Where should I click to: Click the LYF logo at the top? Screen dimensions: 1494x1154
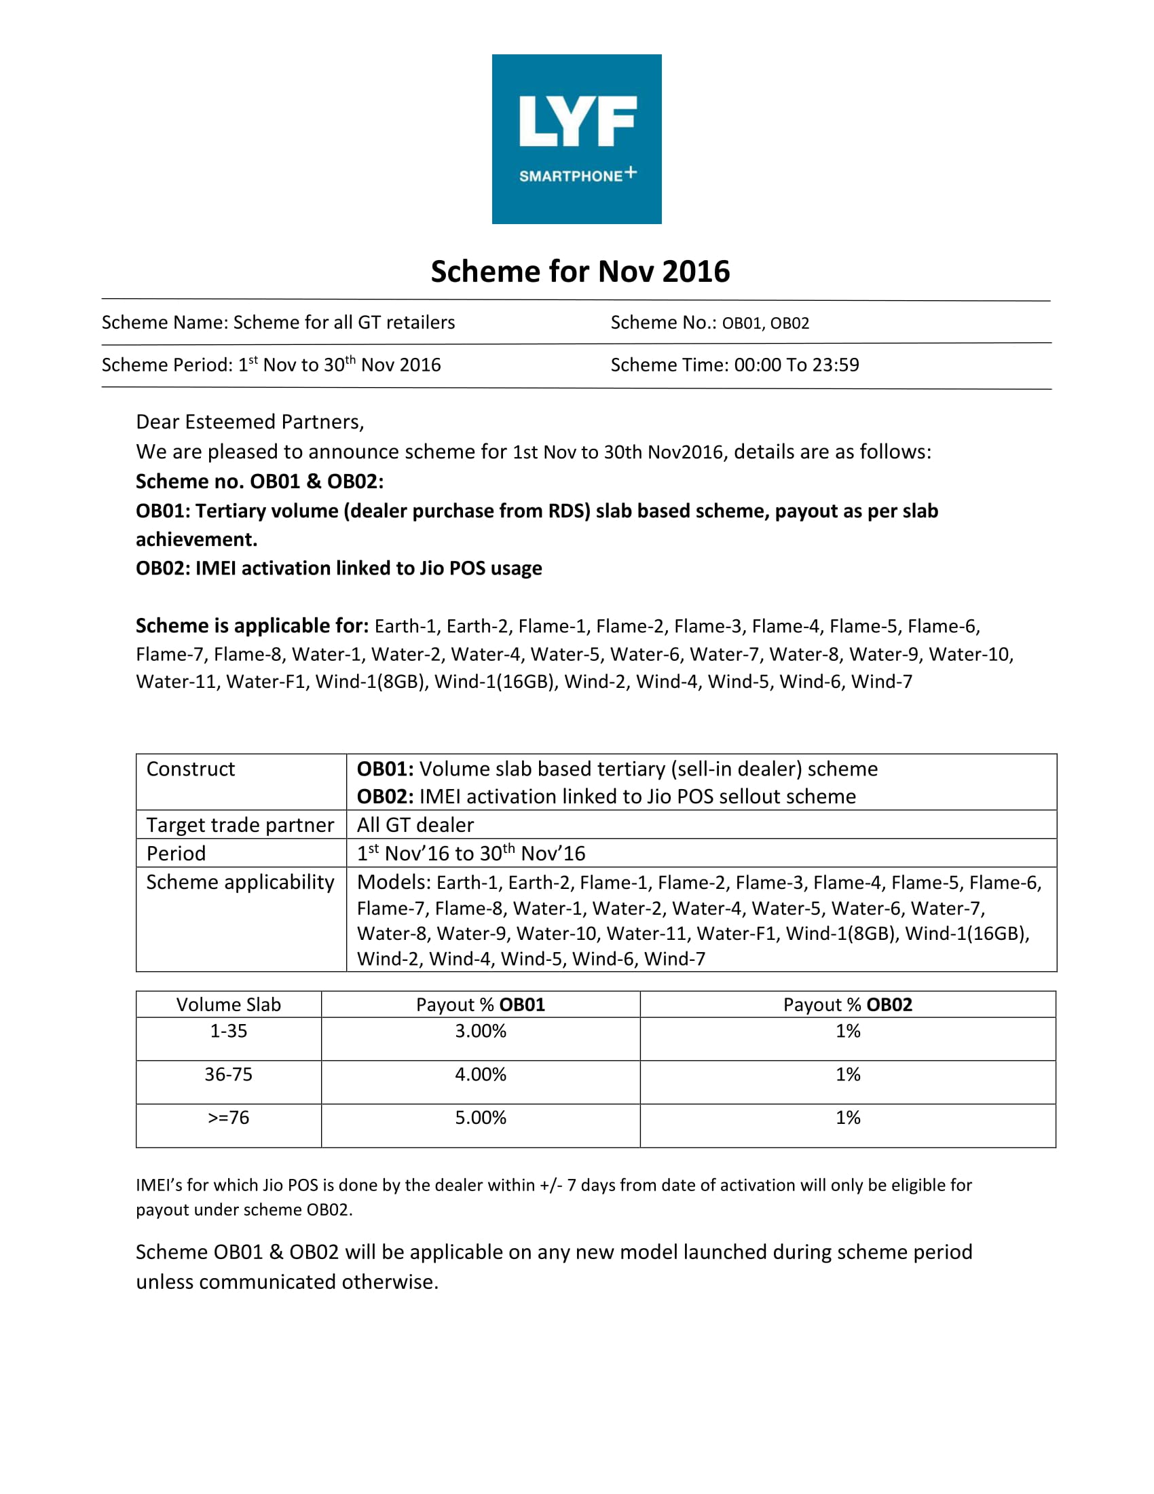pyautogui.click(x=576, y=139)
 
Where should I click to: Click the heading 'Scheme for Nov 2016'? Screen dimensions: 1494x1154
pyautogui.click(x=580, y=272)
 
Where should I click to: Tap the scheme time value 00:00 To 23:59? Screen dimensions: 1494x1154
pyautogui.click(x=796, y=365)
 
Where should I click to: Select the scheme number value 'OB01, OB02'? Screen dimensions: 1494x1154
pyautogui.click(x=765, y=323)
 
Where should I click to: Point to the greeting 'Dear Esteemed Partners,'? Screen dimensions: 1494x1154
pyautogui.click(x=250, y=422)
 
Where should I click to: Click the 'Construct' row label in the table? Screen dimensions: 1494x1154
pyautogui.click(x=190, y=769)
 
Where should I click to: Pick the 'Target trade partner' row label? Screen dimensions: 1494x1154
pyautogui.click(x=240, y=825)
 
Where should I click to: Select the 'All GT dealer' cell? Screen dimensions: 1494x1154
pyautogui.click(x=415, y=825)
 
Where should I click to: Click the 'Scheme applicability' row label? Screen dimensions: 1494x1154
pyautogui.click(x=240, y=881)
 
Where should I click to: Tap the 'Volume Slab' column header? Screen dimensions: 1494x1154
pyautogui.click(x=228, y=1004)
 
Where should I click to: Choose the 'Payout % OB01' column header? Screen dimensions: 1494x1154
pyautogui.click(x=480, y=1004)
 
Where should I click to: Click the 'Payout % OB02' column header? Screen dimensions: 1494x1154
pyautogui.click(x=847, y=1004)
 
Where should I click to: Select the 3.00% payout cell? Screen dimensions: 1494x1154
pyautogui.click(x=480, y=1031)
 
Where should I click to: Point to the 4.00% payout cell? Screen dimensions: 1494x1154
pyautogui.click(x=480, y=1074)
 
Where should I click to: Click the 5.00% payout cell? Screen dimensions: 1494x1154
pyautogui.click(x=480, y=1117)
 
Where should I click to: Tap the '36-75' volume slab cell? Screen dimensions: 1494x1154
pyautogui.click(x=228, y=1074)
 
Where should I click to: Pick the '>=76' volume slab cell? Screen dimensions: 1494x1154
pyautogui.click(x=228, y=1117)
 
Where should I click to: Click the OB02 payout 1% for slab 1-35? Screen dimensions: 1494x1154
pyautogui.click(x=847, y=1031)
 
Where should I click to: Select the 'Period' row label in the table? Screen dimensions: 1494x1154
pyautogui.click(x=176, y=853)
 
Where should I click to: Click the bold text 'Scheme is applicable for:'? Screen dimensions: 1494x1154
pyautogui.click(x=252, y=625)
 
